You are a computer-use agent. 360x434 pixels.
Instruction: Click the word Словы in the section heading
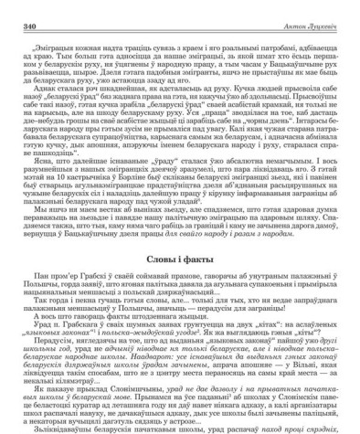[161, 235]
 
